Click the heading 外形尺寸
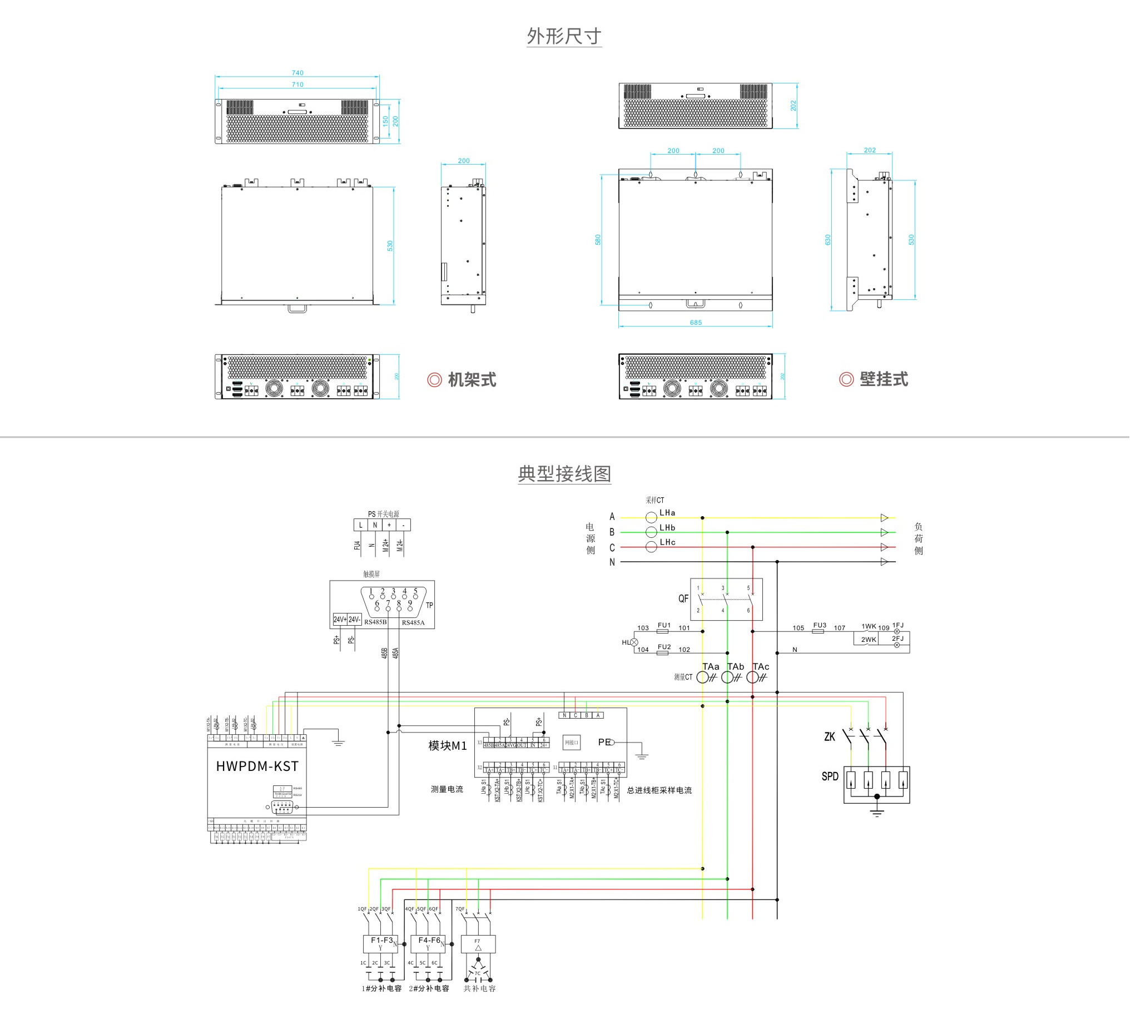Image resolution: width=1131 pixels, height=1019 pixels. coord(564,36)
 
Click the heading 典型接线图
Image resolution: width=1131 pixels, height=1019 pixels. coord(564,474)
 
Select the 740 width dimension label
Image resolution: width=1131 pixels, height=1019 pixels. coord(297,73)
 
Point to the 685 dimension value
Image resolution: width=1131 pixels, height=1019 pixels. coord(696,323)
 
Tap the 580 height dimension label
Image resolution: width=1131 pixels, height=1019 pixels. coord(598,240)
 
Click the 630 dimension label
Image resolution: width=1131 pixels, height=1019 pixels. coord(828,240)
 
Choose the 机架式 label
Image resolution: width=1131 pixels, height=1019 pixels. coord(472,379)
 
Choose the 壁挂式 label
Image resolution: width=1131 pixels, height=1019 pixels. coord(884,379)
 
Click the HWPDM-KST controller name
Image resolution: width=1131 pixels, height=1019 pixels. coord(257,766)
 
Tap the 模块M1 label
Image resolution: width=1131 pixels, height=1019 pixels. coord(447,746)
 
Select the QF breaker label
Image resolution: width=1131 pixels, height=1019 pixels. coord(683,598)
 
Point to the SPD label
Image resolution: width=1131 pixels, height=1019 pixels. coord(830,776)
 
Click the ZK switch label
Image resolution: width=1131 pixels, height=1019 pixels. coord(830,737)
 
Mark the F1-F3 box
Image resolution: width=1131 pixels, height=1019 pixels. coord(380,943)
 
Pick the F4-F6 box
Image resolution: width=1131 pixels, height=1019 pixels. coord(428,943)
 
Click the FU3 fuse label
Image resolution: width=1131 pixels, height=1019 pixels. coord(820,625)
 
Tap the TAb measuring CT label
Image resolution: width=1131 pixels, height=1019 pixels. coord(735,666)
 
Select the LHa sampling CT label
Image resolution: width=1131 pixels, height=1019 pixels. coord(667,512)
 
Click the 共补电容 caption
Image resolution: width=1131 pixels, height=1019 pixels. coord(479,988)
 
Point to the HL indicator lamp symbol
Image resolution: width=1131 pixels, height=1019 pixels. coord(634,642)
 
